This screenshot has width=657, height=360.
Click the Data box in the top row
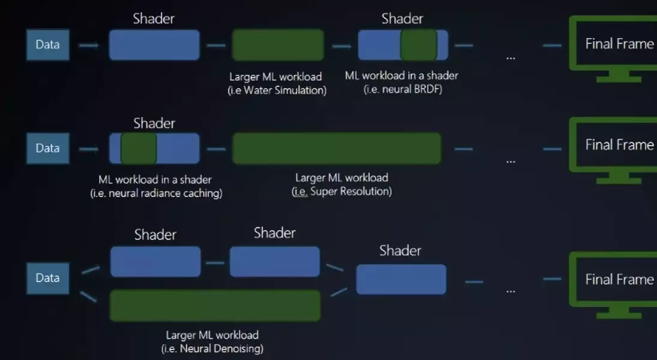pyautogui.click(x=47, y=44)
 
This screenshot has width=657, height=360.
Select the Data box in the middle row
pyautogui.click(x=47, y=148)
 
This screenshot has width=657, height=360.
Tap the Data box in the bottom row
pyautogui.click(x=47, y=278)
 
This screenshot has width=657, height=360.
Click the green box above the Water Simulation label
pyautogui.click(x=278, y=45)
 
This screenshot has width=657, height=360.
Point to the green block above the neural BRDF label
pyautogui.click(x=418, y=45)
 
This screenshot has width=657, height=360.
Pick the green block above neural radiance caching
pyautogui.click(x=139, y=148)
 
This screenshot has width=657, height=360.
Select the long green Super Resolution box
pyautogui.click(x=336, y=148)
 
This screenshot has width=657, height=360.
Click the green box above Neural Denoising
pyautogui.click(x=215, y=305)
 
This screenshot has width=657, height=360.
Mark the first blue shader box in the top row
pyautogui.click(x=154, y=45)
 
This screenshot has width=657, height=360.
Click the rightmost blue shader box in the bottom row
pyautogui.click(x=401, y=280)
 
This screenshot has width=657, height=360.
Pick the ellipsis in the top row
pyautogui.click(x=511, y=58)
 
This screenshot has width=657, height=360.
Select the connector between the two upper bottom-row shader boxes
pyautogui.click(x=215, y=263)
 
